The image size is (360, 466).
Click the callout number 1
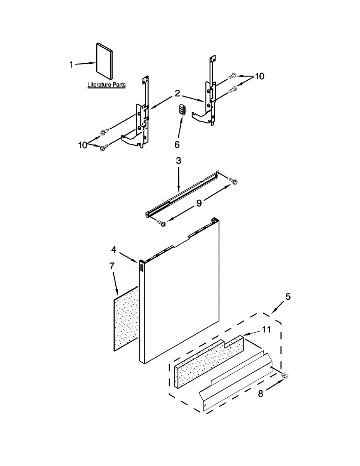[x=71, y=64]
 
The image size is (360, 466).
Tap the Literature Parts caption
[x=106, y=85]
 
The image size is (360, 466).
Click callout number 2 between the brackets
[x=177, y=93]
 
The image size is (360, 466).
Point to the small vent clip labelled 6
[x=182, y=109]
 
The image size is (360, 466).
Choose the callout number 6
[x=177, y=144]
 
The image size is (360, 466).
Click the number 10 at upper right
[x=259, y=76]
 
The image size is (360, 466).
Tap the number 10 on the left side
[x=82, y=145]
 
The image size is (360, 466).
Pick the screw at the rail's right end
[x=234, y=181]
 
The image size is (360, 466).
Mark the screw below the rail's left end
[x=162, y=223]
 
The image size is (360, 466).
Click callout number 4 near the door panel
[x=114, y=249]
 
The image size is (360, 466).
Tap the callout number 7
[x=112, y=266]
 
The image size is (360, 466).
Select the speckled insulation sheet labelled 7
[x=126, y=318]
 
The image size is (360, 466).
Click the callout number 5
[x=288, y=297]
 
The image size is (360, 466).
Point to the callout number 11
[x=266, y=329]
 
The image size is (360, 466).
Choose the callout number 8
[x=261, y=393]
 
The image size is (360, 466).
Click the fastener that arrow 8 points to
[x=286, y=376]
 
